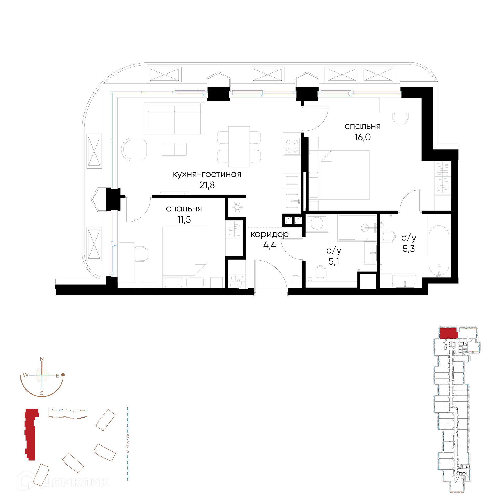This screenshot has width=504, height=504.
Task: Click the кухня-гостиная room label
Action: click(207, 174)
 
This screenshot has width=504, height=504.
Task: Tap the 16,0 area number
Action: click(363, 137)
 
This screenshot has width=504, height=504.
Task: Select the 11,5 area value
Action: click(184, 219)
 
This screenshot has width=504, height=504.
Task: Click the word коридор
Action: click(270, 234)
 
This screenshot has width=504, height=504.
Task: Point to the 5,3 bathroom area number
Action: click(409, 249)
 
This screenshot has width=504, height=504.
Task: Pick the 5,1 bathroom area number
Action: click(334, 261)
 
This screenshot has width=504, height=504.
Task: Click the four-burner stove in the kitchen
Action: click(292, 146)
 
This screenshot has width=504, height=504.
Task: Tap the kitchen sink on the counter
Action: click(292, 201)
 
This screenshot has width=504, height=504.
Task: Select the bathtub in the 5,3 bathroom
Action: click(439, 251)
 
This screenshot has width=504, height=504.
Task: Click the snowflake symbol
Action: click(237, 207)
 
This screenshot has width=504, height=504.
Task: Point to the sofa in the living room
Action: click(174, 118)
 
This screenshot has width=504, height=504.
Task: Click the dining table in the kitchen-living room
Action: click(239, 146)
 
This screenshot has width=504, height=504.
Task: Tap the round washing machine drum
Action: click(317, 223)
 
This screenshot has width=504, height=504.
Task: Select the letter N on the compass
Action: click(42, 359)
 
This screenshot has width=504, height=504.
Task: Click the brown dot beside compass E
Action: click(63, 375)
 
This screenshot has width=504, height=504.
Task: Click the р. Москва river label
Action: click(128, 444)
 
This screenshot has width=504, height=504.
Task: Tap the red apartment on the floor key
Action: click(449, 333)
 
